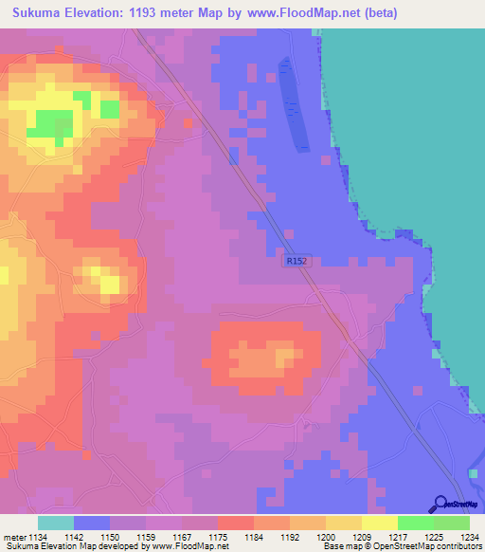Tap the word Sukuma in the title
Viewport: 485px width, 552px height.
click(x=32, y=13)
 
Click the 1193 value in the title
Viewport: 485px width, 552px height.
click(x=144, y=13)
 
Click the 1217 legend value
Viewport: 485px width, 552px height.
click(x=398, y=537)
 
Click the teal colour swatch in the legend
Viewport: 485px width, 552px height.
click(x=56, y=523)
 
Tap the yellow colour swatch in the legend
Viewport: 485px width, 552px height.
click(x=379, y=523)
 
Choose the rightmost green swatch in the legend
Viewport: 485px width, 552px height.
click(x=452, y=523)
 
